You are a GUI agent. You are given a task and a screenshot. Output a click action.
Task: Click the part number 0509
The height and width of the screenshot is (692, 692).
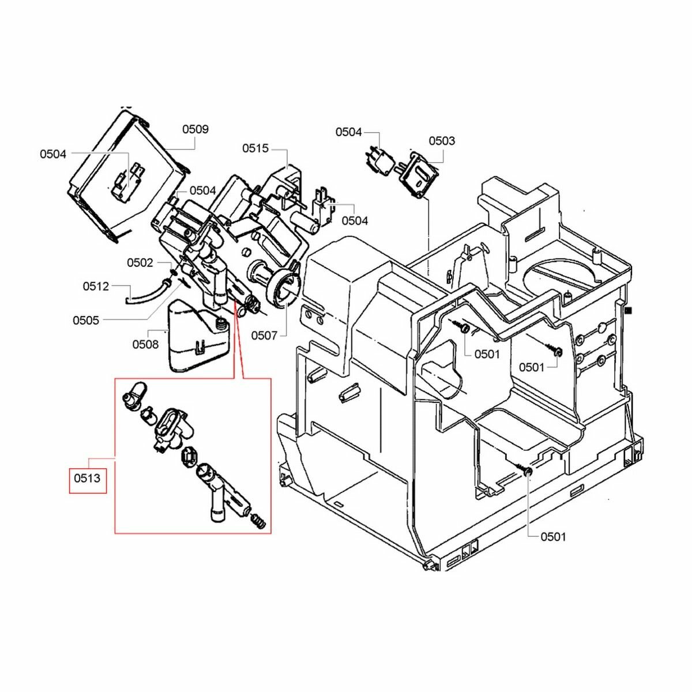195,129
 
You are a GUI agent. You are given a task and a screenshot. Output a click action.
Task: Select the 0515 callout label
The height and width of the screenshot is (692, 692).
255,148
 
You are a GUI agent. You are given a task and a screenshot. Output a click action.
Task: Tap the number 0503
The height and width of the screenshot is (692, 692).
442,141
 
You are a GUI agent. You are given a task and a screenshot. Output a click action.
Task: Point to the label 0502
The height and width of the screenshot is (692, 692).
140,262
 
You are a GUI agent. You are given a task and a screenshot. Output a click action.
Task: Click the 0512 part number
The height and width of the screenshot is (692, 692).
96,285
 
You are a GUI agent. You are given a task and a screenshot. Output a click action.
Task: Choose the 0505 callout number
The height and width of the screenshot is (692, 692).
86,320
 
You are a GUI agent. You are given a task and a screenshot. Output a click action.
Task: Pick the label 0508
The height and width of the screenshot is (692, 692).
145,344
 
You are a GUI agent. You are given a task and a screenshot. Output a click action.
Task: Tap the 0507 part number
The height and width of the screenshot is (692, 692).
264,335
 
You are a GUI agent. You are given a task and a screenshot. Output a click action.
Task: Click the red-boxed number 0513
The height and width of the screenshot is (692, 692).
87,478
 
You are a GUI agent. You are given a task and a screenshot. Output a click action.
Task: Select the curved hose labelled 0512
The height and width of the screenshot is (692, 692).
144,291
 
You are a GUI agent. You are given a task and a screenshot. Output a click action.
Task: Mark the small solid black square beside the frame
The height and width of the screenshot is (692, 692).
630,310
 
